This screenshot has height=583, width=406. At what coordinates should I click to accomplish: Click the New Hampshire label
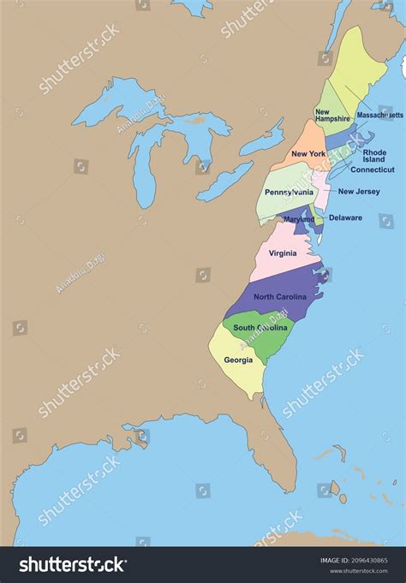(x=331, y=115)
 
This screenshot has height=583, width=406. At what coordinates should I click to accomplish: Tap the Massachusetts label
(x=379, y=114)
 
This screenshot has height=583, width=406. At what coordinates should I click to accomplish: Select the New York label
(x=307, y=154)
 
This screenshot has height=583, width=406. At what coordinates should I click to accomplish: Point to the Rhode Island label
(x=374, y=156)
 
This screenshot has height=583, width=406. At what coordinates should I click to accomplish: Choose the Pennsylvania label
(x=289, y=193)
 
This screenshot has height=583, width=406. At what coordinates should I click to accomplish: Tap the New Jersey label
(x=359, y=192)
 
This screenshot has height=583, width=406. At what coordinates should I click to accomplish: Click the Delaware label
(x=345, y=217)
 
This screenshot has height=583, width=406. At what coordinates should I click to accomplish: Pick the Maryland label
(x=299, y=219)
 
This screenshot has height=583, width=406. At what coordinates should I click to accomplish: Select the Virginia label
(x=283, y=253)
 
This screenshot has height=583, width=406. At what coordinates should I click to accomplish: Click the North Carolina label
(x=279, y=296)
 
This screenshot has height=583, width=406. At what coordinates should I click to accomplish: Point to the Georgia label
(x=238, y=360)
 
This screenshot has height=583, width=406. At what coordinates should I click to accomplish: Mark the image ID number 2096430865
(x=367, y=561)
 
